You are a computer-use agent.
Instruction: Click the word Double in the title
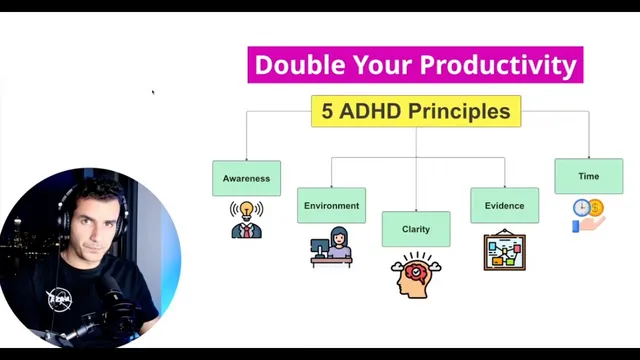[289, 65]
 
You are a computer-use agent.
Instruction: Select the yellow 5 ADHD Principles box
[415, 111]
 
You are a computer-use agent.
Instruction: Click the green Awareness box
[246, 178]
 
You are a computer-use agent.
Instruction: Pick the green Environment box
[331, 205]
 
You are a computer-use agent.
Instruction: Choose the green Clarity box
[415, 229]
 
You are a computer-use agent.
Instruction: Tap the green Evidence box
[504, 205]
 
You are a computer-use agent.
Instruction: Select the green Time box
[588, 176]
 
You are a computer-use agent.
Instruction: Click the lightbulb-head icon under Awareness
[245, 219]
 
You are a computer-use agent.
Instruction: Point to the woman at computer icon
[332, 246]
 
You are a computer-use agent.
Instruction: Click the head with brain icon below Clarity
[415, 275]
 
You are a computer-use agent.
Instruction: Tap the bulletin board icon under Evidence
[504, 251]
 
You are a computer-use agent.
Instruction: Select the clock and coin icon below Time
[588, 215]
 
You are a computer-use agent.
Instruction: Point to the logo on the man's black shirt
[61, 298]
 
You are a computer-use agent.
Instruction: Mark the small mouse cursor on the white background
[153, 93]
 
